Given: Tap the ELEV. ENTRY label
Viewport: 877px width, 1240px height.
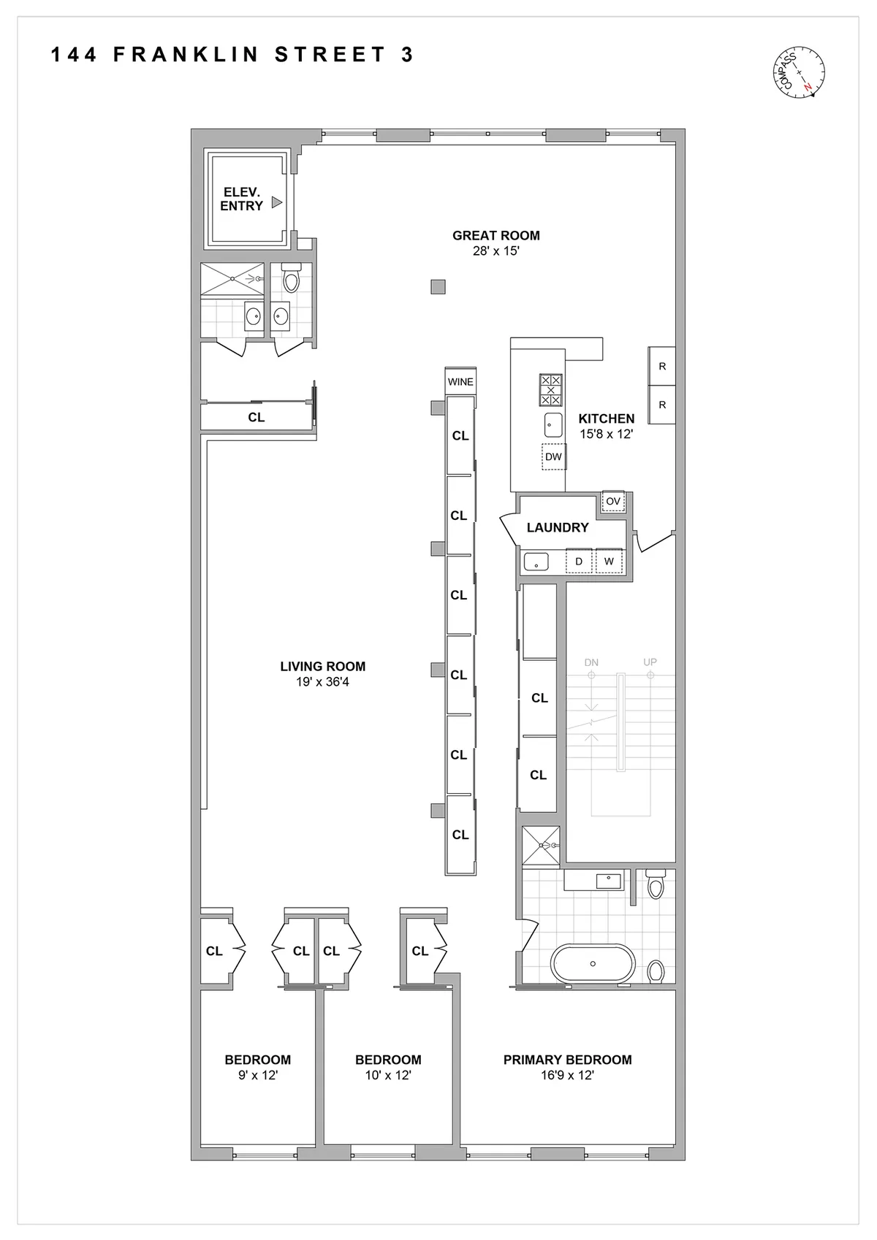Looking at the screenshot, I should click(241, 199).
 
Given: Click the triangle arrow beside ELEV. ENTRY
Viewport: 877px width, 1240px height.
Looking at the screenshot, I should click(276, 202).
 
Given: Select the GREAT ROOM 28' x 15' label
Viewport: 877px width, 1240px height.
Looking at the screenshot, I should click(496, 243).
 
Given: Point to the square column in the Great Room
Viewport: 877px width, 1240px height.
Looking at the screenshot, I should click(438, 287).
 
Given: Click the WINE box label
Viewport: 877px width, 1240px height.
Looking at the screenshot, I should click(460, 382).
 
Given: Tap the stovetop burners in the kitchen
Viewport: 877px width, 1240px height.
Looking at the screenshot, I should click(550, 389).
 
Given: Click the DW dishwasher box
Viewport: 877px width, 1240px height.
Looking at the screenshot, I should click(553, 457).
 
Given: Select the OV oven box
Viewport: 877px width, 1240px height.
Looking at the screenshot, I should click(613, 502).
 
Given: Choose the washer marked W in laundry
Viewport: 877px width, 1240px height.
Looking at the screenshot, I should click(609, 562).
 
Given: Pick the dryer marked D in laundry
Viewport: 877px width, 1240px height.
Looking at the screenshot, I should click(579, 562).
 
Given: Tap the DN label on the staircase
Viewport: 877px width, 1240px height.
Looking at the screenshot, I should click(591, 662).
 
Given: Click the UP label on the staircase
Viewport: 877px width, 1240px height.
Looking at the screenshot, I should click(650, 662).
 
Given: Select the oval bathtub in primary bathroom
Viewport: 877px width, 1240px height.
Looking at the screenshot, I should click(593, 964).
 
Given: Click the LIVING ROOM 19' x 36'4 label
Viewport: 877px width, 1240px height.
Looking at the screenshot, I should click(322, 673).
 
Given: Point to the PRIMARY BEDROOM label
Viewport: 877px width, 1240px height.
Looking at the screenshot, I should click(567, 1060).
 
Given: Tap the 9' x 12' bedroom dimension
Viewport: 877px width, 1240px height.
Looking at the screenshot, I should click(257, 1076).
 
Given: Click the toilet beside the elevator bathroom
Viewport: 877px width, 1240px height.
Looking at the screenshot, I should click(291, 279).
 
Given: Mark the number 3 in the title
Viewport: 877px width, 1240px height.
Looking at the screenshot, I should click(407, 55).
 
